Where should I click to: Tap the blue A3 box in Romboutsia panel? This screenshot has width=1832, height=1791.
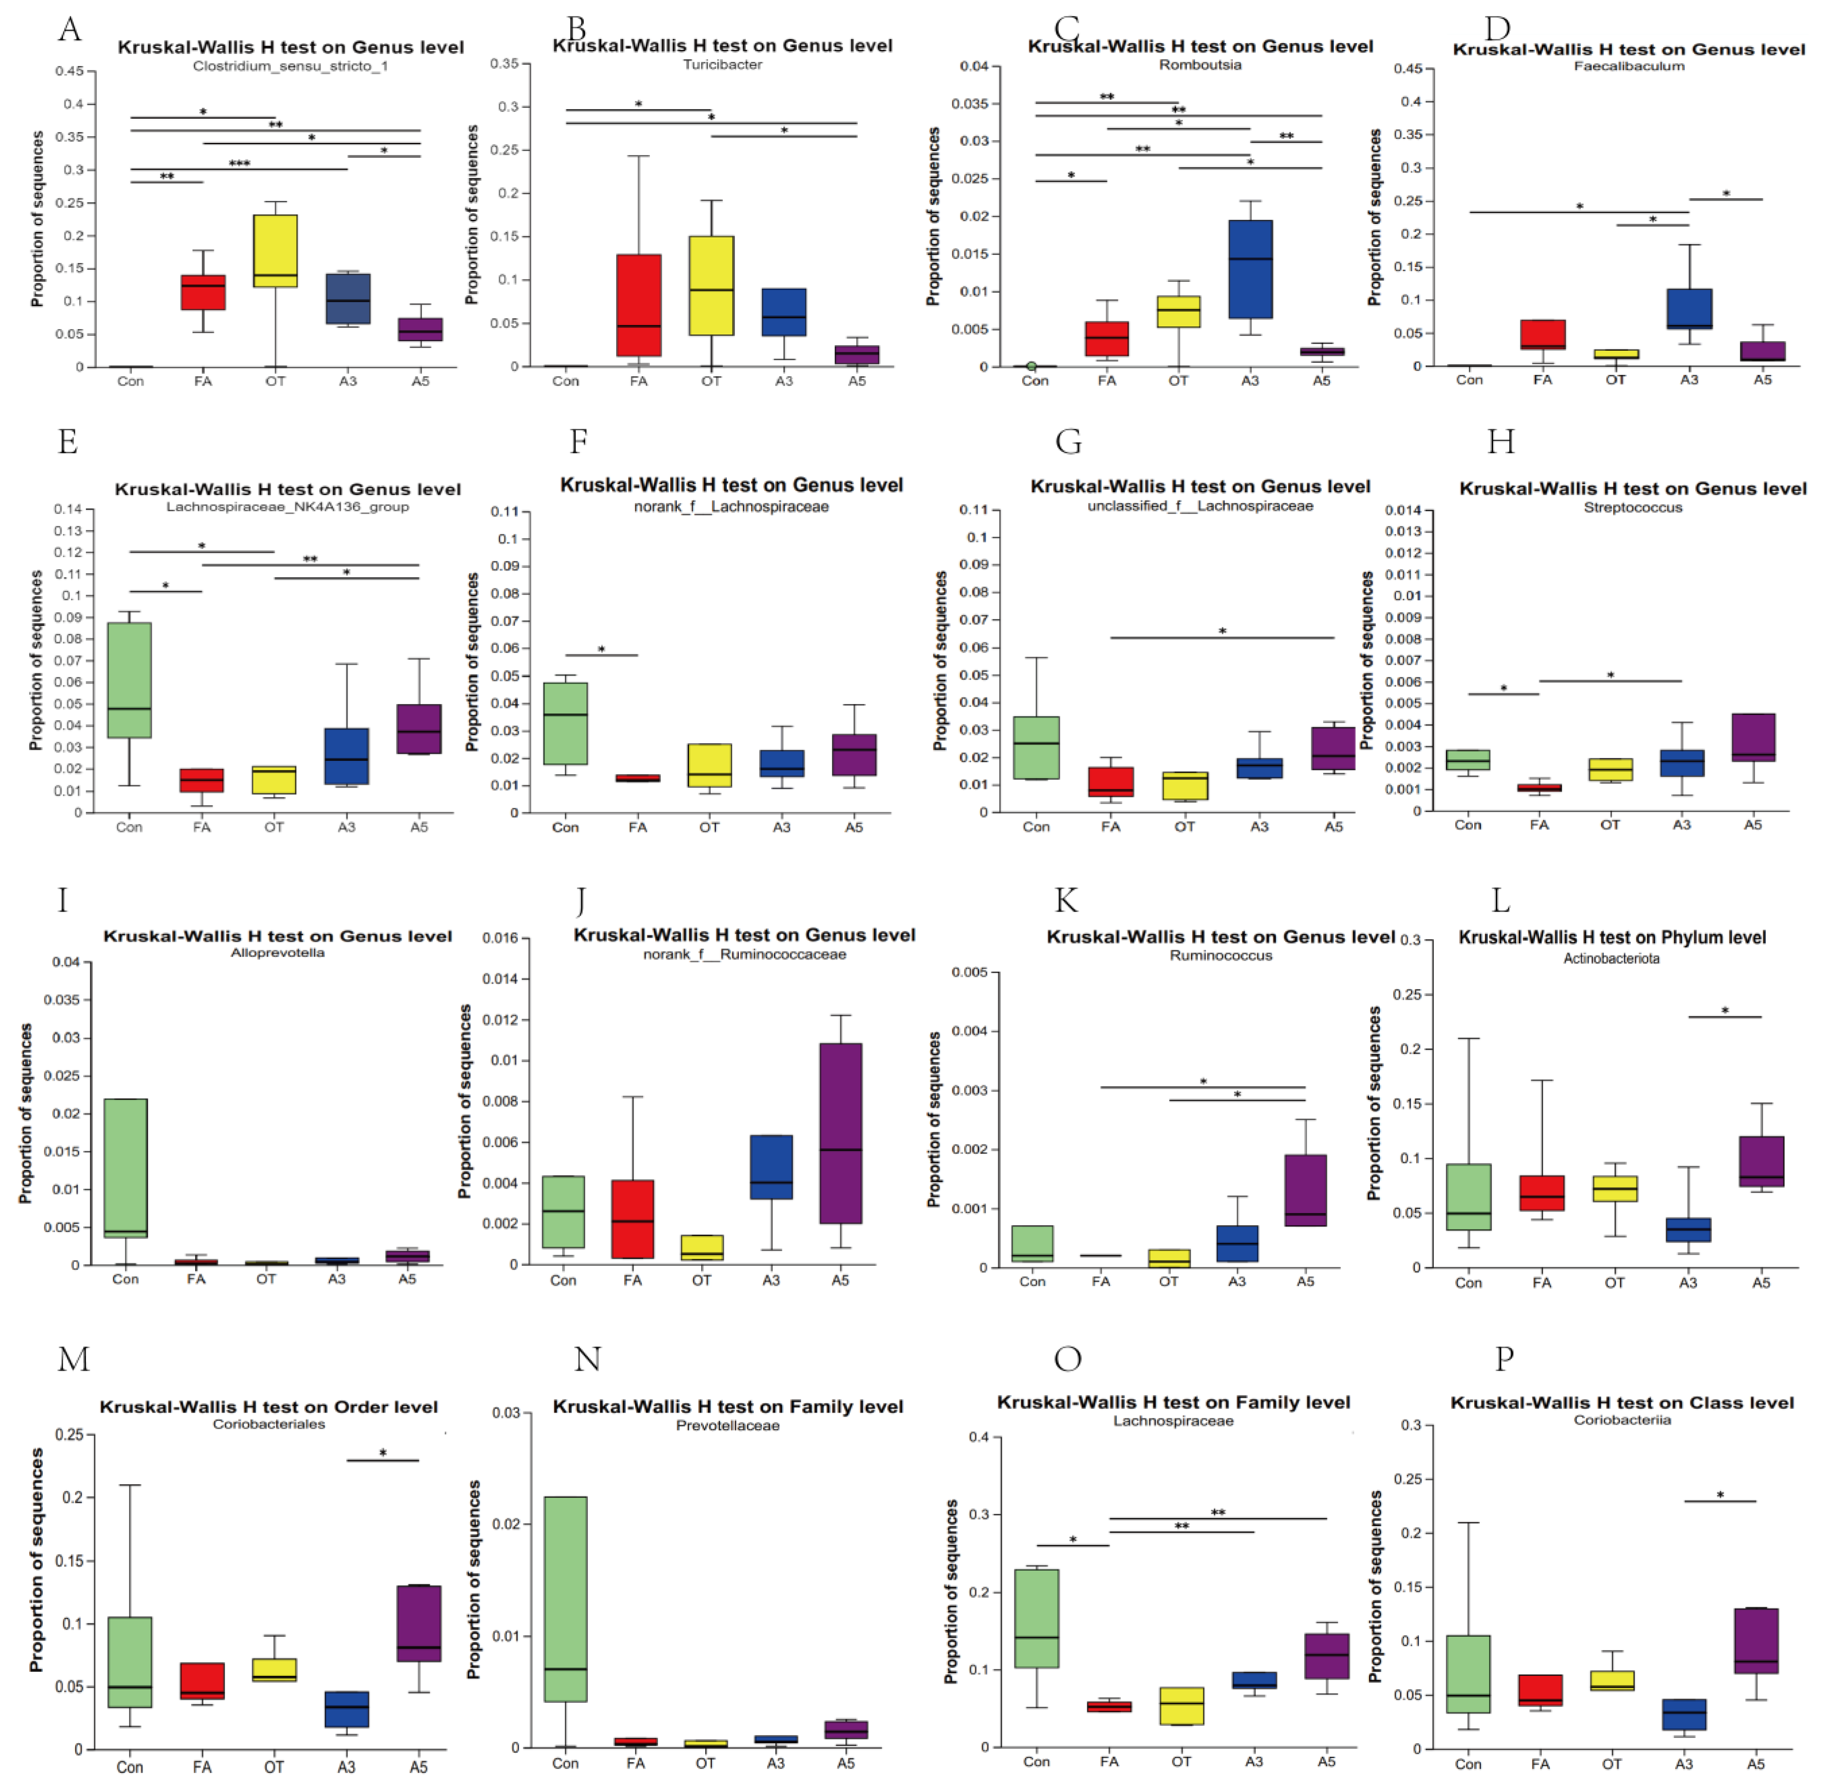(x=1250, y=269)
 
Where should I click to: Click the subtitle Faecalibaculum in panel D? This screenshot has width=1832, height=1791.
(x=1629, y=66)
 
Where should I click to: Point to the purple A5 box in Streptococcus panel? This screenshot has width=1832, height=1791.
(x=1753, y=736)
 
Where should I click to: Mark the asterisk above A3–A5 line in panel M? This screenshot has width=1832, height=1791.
(x=383, y=1453)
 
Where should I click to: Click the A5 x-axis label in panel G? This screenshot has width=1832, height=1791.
(x=1334, y=827)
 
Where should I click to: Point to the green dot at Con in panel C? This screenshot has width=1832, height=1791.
(x=1032, y=366)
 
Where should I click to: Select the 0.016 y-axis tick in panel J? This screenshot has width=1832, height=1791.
(x=499, y=938)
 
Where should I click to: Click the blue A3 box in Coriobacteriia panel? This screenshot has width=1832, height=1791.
(x=1683, y=1714)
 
